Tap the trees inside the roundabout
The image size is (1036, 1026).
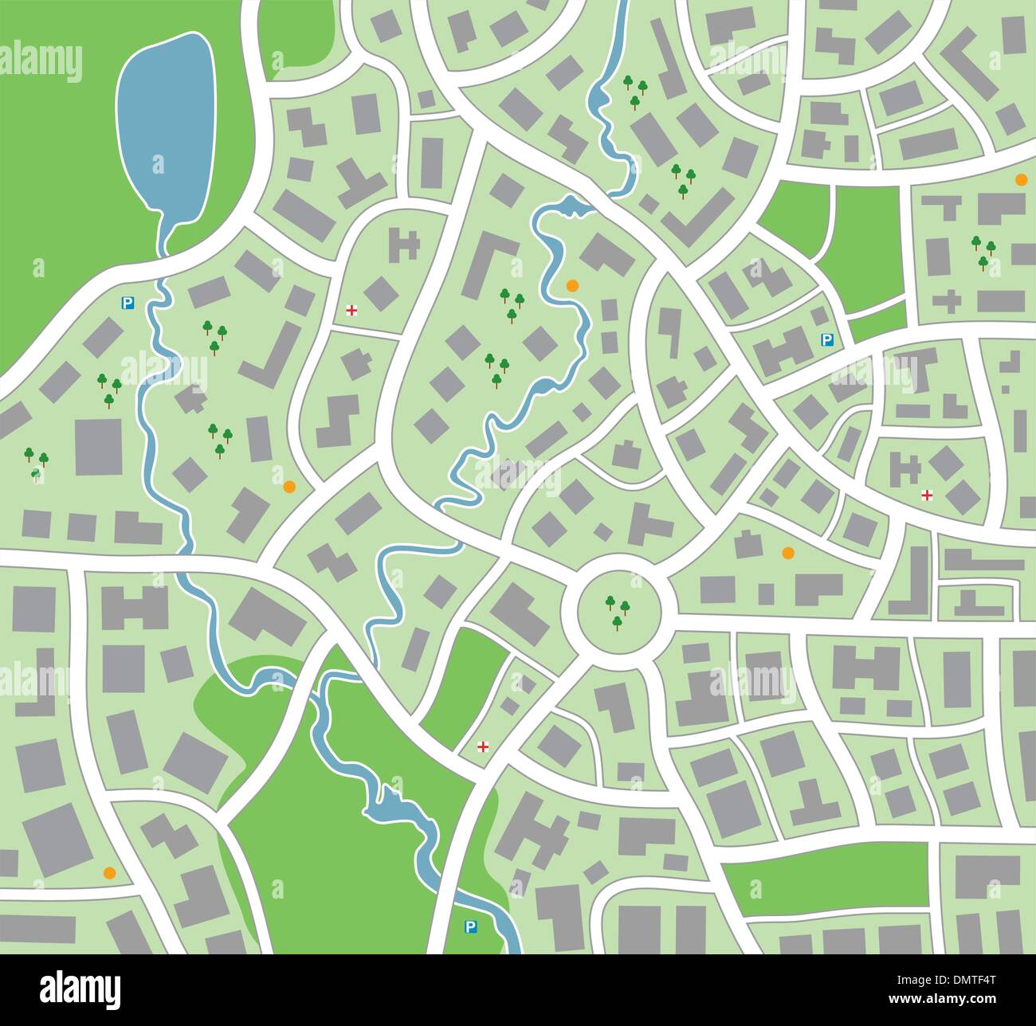pos(617,612)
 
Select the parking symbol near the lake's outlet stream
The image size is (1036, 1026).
pos(127,303)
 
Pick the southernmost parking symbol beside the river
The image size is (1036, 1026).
pos(470,926)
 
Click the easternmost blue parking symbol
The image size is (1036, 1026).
pos(827,340)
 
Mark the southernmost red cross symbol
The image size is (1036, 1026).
pos(482,746)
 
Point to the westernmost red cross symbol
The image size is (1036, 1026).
pos(351,310)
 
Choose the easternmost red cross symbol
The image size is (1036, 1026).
pos(927,495)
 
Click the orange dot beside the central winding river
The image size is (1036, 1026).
pos(571,285)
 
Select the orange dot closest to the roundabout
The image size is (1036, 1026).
pos(788,552)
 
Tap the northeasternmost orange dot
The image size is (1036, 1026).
pos(1021,180)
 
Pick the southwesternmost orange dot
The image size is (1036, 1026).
pos(110,872)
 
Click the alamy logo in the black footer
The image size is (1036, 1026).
pos(80,989)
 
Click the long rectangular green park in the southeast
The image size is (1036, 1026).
pos(829,866)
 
